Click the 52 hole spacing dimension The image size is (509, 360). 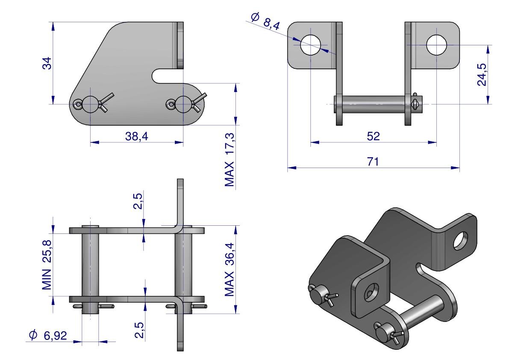click(373, 136)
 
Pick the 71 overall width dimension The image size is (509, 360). click(373, 162)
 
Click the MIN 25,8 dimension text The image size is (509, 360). click(48, 265)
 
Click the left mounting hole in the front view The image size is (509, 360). click(311, 44)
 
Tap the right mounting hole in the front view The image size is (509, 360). click(436, 44)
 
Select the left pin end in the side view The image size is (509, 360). click(90, 104)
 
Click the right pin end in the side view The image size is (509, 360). click(183, 104)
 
